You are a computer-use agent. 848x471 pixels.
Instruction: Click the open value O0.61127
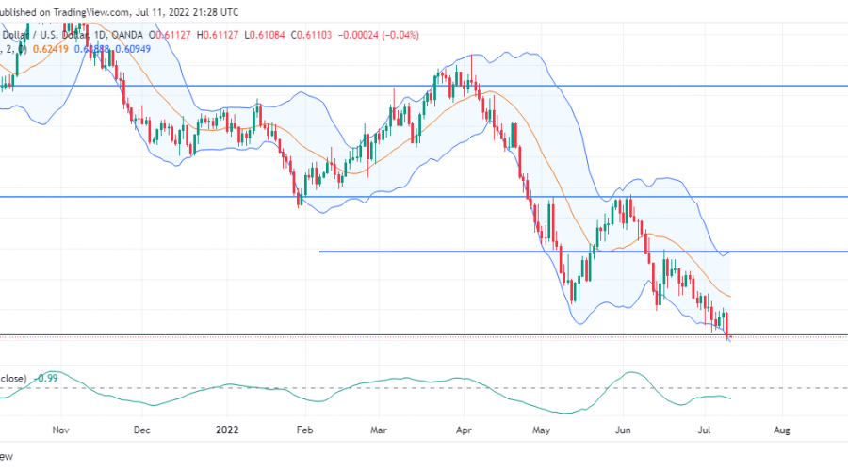click(x=185, y=35)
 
